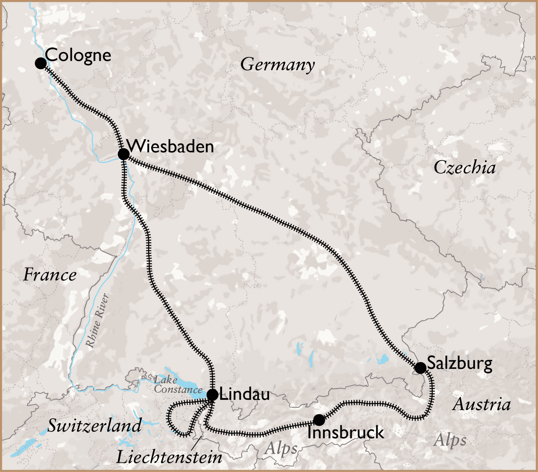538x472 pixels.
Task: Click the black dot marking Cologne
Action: (x=41, y=63)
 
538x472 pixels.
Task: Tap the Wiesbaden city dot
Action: (x=123, y=154)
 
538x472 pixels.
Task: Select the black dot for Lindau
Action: (x=213, y=395)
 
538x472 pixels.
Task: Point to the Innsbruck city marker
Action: (x=319, y=420)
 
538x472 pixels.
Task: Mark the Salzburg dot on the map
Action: (x=420, y=368)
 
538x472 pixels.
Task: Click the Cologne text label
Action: (x=78, y=55)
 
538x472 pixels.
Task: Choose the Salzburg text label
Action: (x=459, y=363)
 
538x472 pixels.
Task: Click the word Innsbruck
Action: (x=346, y=432)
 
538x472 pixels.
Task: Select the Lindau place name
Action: (x=245, y=394)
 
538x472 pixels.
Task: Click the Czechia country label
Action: (x=464, y=167)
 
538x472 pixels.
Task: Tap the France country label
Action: (x=50, y=275)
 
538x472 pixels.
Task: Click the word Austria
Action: (x=482, y=404)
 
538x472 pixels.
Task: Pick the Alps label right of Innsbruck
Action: (x=450, y=440)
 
